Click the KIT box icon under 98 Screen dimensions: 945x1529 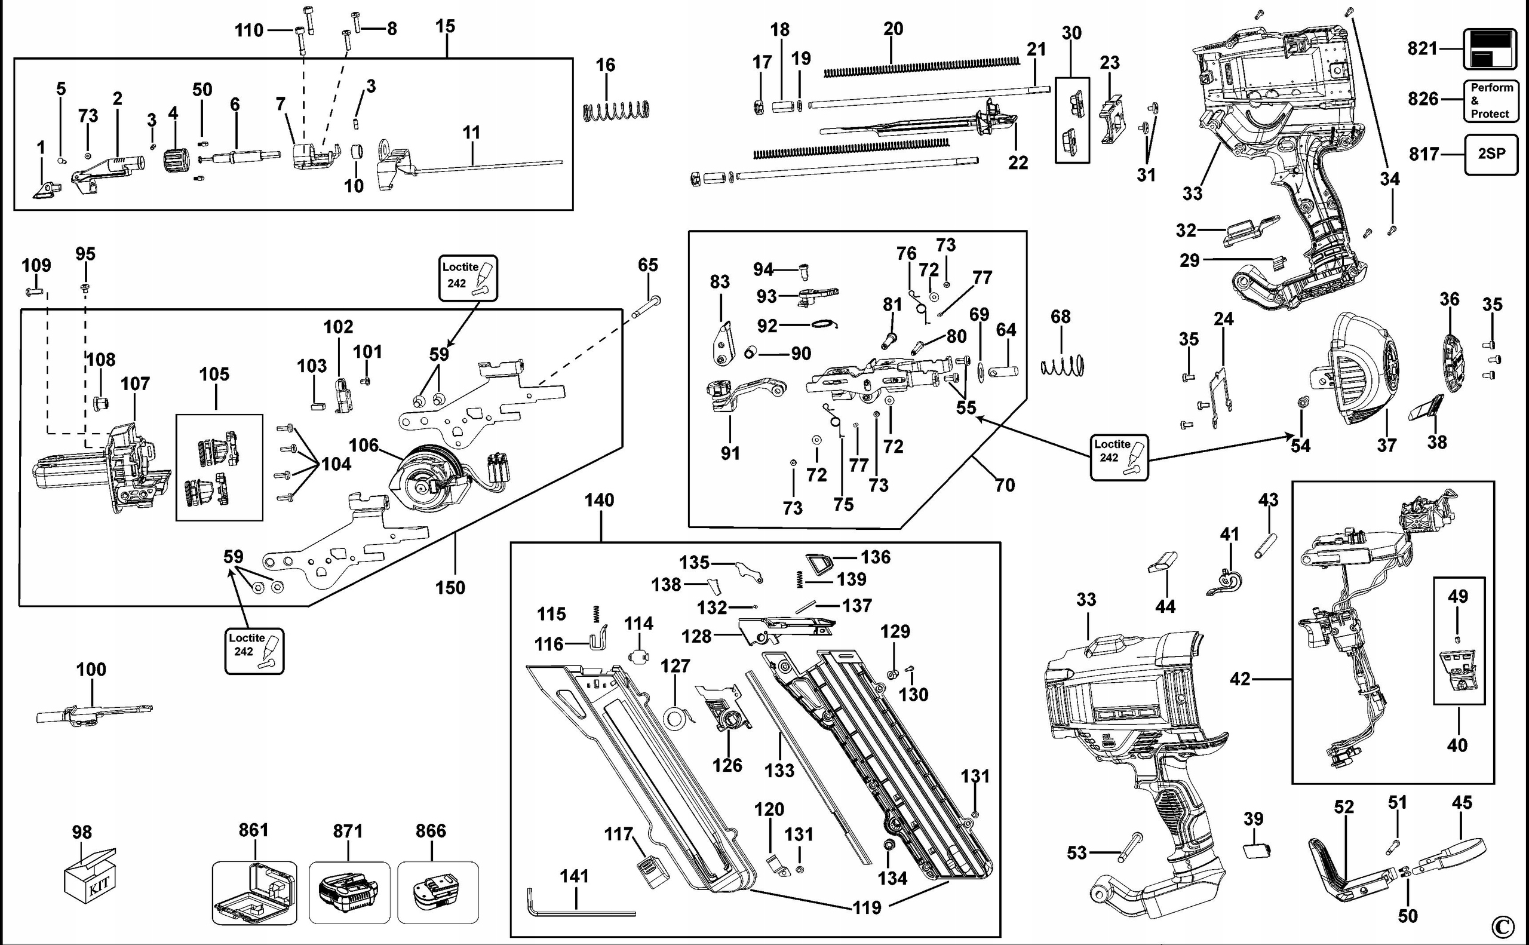click(x=90, y=875)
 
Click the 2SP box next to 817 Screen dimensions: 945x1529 click(x=1491, y=154)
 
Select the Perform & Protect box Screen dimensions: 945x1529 click(x=1491, y=100)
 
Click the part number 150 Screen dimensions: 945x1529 click(x=450, y=588)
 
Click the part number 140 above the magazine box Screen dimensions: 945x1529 click(x=599, y=500)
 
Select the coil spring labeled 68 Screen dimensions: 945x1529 click(x=1061, y=366)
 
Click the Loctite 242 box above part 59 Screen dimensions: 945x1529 click(x=468, y=278)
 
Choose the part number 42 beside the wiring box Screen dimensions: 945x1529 click(x=1240, y=679)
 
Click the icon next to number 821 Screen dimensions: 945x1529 click(x=1490, y=49)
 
